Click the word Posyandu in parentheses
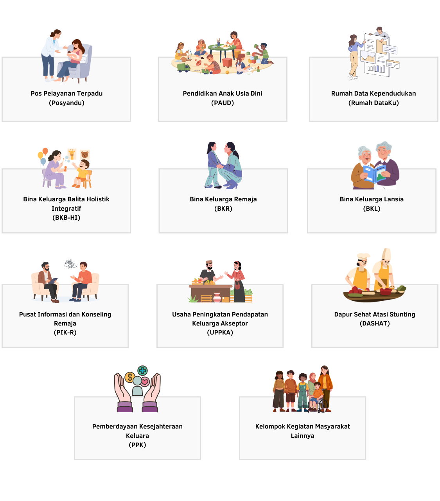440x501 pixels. (66, 103)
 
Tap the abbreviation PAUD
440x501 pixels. (222, 103)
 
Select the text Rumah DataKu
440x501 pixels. (374, 103)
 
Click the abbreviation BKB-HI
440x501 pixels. (66, 218)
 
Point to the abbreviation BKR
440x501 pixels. (223, 208)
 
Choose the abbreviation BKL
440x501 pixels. (372, 208)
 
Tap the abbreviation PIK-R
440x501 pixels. (65, 332)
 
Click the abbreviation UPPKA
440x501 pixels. (220, 332)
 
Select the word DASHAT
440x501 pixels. (375, 324)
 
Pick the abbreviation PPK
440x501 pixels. (137, 445)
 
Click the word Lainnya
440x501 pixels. (302, 436)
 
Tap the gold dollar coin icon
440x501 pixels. (130, 377)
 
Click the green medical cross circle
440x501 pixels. (142, 371)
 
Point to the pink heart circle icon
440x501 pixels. (145, 382)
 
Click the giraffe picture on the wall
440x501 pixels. (72, 154)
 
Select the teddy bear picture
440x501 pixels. (85, 155)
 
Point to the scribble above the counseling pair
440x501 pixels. (70, 264)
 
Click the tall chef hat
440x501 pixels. (386, 254)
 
